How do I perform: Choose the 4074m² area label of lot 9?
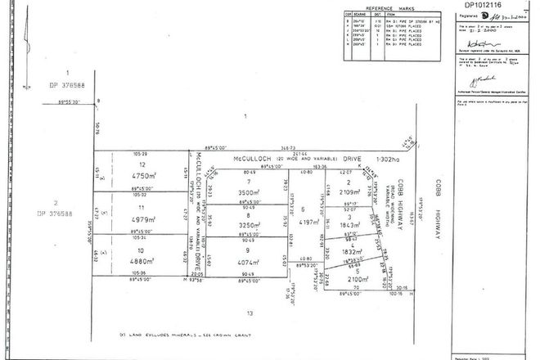pos(244,263)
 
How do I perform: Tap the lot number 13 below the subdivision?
pos(250,313)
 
